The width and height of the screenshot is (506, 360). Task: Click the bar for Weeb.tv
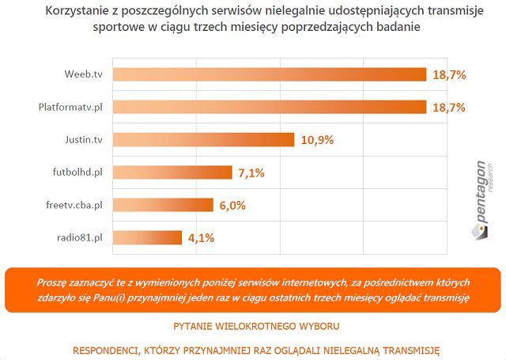[x=269, y=74]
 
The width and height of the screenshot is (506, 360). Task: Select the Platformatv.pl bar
[x=269, y=107]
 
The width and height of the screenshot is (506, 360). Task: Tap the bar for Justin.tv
[x=205, y=140]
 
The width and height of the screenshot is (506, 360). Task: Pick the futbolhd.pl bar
[x=172, y=172]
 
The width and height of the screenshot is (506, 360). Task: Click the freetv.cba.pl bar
[x=163, y=205]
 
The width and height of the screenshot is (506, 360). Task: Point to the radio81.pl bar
[x=147, y=237]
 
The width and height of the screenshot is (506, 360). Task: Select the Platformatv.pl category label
[x=70, y=107]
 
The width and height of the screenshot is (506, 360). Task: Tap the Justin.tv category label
[x=84, y=140]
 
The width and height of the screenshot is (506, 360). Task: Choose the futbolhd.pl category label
[x=76, y=172]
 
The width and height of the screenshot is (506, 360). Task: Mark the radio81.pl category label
[x=79, y=237]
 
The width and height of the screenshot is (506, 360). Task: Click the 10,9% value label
[x=317, y=140]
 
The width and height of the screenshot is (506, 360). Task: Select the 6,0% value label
[x=233, y=205]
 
